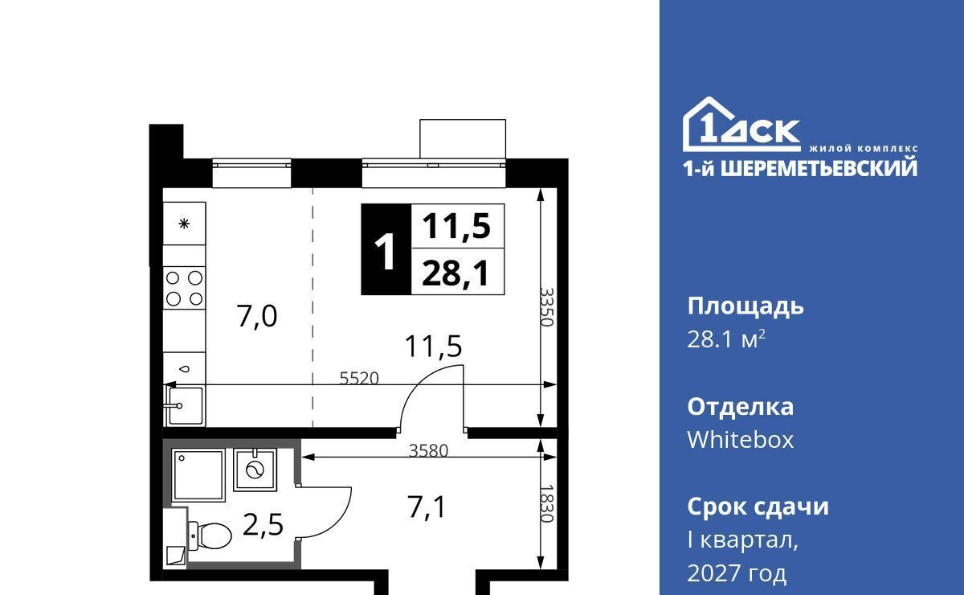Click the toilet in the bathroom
coord(210,535)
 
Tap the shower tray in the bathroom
coord(198,475)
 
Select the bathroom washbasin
coord(255,470)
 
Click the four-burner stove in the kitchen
coord(184,288)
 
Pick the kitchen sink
coord(185,405)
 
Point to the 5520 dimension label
coord(359,378)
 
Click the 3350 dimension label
coord(546,307)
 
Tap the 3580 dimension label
coord(429,450)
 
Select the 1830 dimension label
coord(546,503)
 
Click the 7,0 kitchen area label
coord(257,316)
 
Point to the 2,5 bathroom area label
coord(263,525)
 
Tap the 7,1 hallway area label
coord(427,507)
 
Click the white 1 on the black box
coord(386,251)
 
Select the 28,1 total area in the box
coord(455,273)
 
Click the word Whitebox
coord(741,440)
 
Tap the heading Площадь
coord(745,307)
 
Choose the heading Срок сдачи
coord(758,507)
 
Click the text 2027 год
coord(737,573)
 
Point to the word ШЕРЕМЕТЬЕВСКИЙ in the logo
coord(819,168)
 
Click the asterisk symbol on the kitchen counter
coord(184,224)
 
